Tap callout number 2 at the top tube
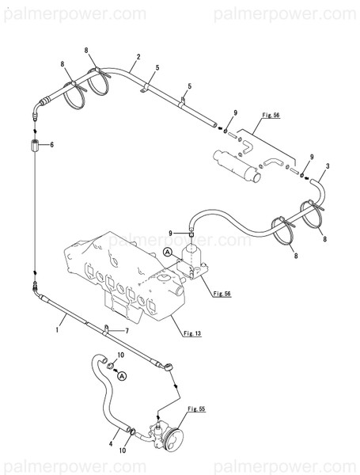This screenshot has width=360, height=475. [138, 57]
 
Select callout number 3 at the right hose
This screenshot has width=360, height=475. [327, 165]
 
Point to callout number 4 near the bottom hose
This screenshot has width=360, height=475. [111, 444]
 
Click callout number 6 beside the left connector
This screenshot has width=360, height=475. [51, 145]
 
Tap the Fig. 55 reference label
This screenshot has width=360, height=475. [196, 409]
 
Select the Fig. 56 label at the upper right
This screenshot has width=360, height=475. [271, 116]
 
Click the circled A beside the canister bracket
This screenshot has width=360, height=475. [168, 251]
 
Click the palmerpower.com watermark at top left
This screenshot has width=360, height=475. [74, 13]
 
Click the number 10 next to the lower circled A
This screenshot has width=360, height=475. [121, 354]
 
